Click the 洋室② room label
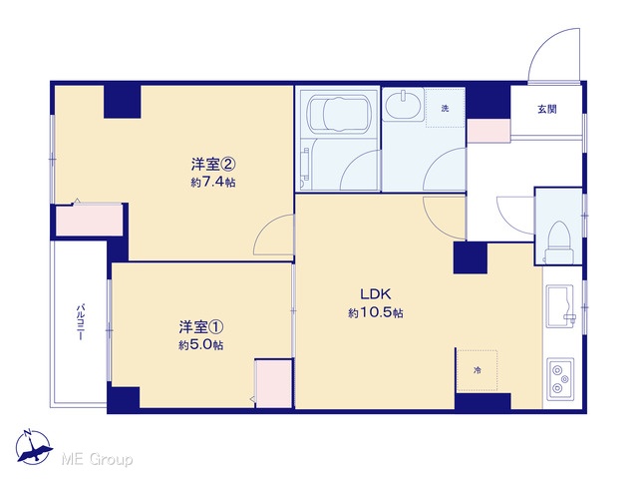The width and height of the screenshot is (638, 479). click(213, 164)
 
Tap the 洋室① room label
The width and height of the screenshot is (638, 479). click(201, 326)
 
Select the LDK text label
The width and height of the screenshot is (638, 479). click(375, 293)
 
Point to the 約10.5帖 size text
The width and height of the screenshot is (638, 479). click(376, 312)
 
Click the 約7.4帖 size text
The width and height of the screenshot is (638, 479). click(213, 182)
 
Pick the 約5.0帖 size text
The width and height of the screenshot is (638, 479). click(201, 345)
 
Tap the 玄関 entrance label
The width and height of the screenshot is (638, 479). click(547, 109)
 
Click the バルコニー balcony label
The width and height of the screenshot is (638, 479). click(81, 321)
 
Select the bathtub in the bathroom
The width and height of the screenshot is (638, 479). click(339, 113)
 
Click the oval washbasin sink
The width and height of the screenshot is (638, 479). click(403, 105)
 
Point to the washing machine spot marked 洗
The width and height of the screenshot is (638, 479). click(446, 109)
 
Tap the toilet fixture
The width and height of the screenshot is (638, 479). click(559, 242)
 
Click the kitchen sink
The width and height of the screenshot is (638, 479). click(560, 306)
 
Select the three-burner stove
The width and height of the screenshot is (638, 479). click(560, 379)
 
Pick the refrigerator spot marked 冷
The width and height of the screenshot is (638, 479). click(477, 370)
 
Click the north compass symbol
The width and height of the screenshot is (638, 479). click(33, 447)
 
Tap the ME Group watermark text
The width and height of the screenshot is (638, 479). click(97, 459)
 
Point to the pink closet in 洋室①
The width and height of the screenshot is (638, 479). click(273, 383)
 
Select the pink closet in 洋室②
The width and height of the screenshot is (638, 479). click(89, 220)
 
